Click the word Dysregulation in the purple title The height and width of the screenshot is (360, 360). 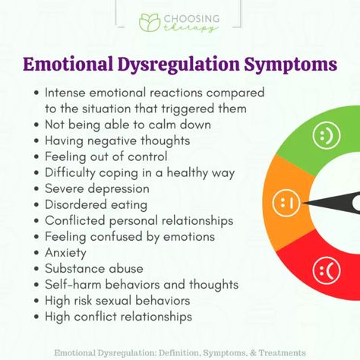[178, 65]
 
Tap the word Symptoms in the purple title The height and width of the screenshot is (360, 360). [291, 65]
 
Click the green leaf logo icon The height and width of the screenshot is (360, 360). [150, 23]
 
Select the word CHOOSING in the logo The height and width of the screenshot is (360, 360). [191, 19]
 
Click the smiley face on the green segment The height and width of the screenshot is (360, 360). [327, 135]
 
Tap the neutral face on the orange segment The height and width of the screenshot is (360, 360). [286, 203]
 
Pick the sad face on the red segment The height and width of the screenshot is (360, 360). [327, 270]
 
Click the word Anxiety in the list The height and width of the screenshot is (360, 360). [65, 253]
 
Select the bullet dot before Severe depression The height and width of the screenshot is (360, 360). [37, 189]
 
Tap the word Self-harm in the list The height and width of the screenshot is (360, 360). [73, 285]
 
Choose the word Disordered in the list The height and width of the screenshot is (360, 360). [76, 205]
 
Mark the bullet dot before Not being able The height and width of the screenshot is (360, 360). [37, 125]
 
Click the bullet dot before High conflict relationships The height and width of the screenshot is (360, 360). [37, 317]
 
